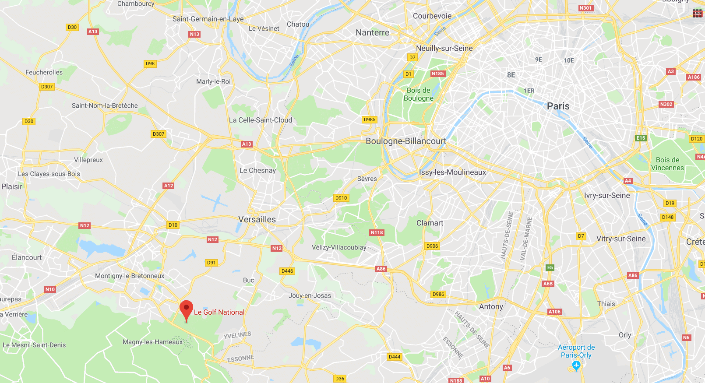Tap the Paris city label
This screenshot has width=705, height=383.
tap(558, 106)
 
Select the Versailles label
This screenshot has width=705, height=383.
tap(257, 219)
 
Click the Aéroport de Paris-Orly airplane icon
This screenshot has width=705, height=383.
tap(576, 365)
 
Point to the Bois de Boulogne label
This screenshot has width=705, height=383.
tap(419, 94)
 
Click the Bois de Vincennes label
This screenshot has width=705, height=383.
tap(667, 164)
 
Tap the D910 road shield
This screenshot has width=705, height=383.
tap(341, 198)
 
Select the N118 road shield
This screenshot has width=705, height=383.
tap(377, 232)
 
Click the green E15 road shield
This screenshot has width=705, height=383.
tap(641, 138)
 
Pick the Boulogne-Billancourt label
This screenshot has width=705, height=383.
tap(406, 141)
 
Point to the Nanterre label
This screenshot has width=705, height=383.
tap(372, 32)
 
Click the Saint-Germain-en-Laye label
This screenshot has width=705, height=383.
tap(208, 19)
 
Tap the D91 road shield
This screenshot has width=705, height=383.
tap(211, 263)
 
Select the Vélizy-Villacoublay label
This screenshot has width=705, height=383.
tap(339, 247)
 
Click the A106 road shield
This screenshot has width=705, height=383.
tap(554, 312)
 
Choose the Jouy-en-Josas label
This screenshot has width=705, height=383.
tap(310, 295)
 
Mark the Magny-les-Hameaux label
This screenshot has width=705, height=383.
tap(152, 342)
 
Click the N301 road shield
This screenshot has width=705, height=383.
tap(585, 8)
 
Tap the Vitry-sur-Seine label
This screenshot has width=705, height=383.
tap(621, 239)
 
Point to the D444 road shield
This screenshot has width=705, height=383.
tap(395, 357)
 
